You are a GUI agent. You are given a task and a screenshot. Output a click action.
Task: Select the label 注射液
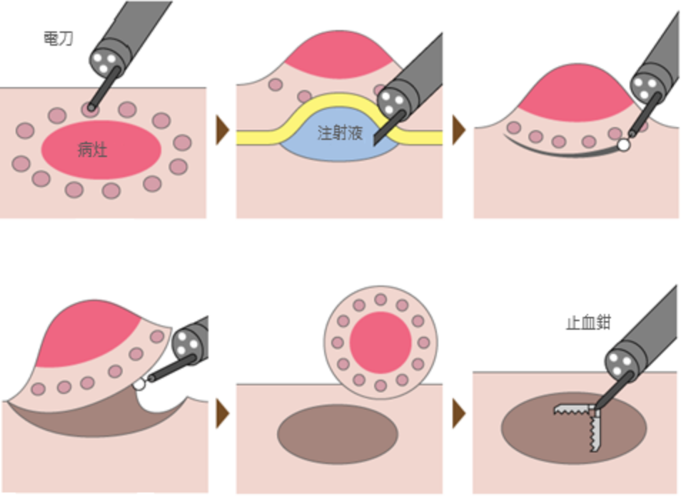click(x=340, y=132)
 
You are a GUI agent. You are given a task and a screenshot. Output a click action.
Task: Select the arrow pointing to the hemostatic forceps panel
click(x=458, y=413)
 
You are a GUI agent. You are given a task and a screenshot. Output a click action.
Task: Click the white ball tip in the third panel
click(x=625, y=145)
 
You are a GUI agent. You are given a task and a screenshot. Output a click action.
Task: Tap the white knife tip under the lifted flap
click(x=141, y=383)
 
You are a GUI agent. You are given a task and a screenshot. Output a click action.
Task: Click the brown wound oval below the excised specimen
click(x=338, y=434)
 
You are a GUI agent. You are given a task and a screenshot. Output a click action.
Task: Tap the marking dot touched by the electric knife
click(x=91, y=108)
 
